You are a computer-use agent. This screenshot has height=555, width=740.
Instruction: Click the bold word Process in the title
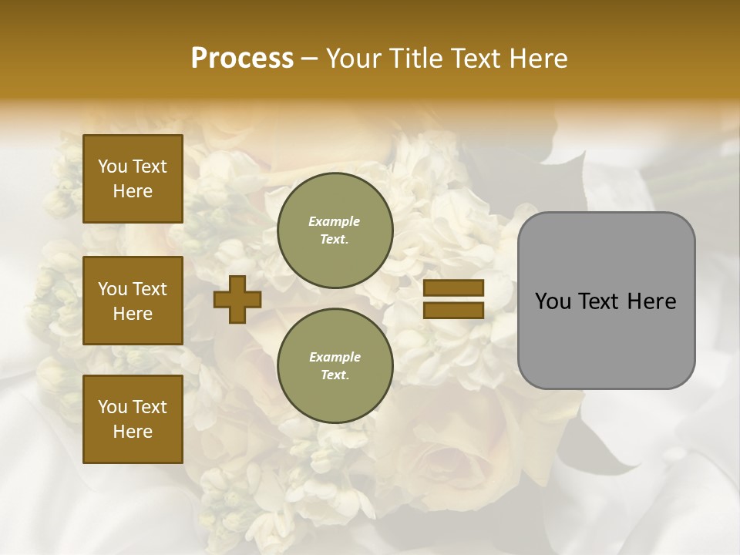[x=242, y=59]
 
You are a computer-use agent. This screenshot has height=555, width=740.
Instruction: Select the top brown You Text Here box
[x=133, y=179]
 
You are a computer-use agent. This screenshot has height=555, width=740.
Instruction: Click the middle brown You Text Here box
[x=133, y=301]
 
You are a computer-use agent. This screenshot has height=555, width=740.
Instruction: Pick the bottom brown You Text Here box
[x=133, y=419]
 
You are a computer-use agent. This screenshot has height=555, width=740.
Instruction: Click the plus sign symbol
[x=237, y=299]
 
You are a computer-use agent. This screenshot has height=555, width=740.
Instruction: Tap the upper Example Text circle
[x=335, y=230]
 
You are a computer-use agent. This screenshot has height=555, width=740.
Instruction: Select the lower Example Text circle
[x=335, y=366]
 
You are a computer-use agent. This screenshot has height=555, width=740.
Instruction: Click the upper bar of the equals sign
[x=453, y=288]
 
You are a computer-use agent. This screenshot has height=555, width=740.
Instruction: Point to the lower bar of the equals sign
[x=453, y=311]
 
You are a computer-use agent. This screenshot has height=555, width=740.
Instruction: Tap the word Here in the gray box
[x=651, y=301]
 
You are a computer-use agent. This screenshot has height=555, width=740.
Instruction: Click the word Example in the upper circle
[x=335, y=221]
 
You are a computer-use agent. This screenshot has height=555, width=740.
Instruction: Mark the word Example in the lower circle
[x=335, y=357]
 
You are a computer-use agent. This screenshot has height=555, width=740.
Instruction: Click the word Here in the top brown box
[x=133, y=191]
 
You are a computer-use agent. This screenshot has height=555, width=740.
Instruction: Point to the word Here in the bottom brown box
[x=133, y=432]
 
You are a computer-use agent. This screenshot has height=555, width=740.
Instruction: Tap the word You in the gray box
[x=553, y=301]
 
